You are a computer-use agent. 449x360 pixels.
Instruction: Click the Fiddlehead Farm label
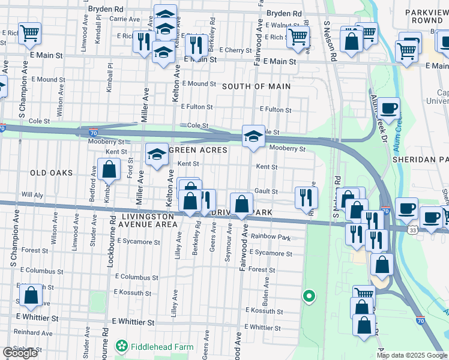[154, 346]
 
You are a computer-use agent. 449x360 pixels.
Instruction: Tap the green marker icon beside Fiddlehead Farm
[122, 346]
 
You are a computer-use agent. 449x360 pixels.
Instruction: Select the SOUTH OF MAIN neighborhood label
[256, 86]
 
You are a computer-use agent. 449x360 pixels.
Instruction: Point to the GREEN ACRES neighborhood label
[199, 150]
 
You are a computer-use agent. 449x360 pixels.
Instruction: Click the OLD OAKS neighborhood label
[51, 173]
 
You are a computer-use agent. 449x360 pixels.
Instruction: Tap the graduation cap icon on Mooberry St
[253, 137]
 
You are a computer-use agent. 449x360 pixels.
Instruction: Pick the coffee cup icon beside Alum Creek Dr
[389, 109]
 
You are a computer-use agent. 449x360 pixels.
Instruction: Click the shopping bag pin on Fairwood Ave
[241, 205]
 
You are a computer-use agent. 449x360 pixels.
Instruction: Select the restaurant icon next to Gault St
[306, 196]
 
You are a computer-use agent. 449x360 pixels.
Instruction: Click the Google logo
[19, 353]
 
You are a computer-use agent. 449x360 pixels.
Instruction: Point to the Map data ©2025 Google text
[412, 355]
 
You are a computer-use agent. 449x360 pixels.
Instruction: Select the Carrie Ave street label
[125, 19]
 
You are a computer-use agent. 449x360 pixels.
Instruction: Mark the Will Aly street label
[32, 195]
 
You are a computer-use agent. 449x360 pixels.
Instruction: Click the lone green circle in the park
[309, 295]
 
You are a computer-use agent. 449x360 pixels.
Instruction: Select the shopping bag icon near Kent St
[109, 171]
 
